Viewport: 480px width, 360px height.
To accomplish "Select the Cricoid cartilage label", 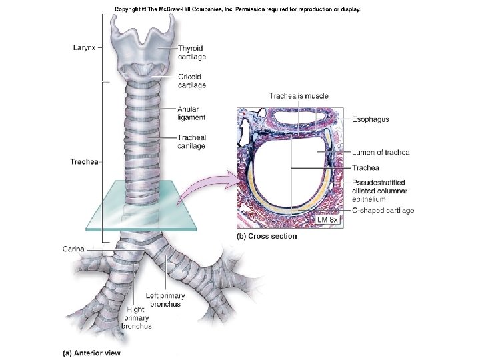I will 192,81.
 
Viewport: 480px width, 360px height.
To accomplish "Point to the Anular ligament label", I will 191,113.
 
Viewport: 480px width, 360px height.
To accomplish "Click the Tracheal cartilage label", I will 192,142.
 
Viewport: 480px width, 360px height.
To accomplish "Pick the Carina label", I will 73,248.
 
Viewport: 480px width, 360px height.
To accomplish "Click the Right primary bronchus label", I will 137,318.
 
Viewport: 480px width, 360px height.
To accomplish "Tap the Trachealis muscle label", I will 299,96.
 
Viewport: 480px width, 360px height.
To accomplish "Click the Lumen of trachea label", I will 381,153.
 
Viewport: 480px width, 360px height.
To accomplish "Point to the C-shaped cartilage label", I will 383,211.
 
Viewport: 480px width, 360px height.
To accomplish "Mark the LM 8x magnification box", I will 327,219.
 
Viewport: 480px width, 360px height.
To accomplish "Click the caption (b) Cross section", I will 267,236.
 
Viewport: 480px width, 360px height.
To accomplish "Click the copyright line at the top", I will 237,9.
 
